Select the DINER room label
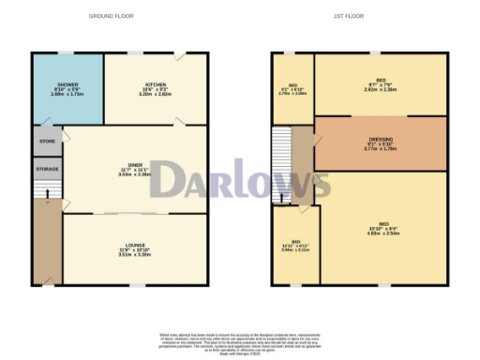coord(135,169)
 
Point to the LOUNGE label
coord(136,247)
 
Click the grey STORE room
coord(48,141)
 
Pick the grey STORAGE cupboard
coord(48,170)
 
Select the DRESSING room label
coord(381,142)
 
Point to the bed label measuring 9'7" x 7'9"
coord(381,83)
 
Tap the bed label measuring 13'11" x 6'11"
coord(295,245)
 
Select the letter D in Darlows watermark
coord(171,180)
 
